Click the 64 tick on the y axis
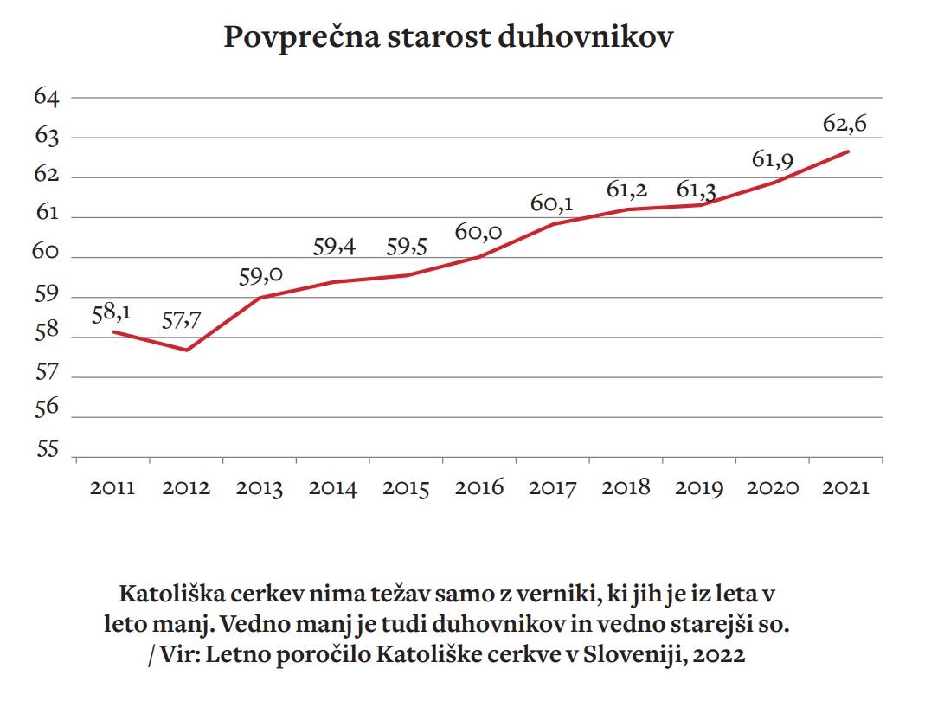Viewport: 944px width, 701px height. point(46,97)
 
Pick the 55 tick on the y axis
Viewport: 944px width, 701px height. point(46,450)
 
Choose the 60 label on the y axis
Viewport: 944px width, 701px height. point(46,254)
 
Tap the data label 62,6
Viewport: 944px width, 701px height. point(844,125)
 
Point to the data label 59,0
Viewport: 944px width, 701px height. point(260,277)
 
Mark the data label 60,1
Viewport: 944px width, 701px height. point(552,204)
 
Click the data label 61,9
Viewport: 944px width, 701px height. point(773,160)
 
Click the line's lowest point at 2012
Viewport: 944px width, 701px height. point(186,350)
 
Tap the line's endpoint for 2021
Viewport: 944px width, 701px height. point(848,151)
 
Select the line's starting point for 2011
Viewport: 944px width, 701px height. point(113,331)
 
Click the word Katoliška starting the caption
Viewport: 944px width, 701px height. point(172,595)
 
